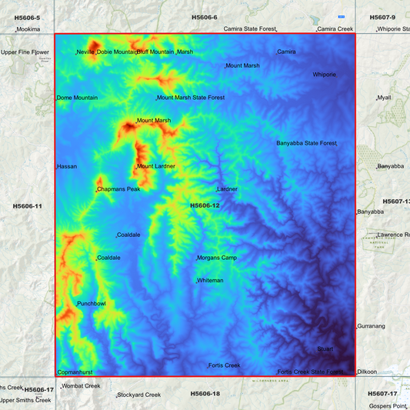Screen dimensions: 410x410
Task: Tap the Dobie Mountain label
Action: point(116,52)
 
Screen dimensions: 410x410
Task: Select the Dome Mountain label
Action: point(78,98)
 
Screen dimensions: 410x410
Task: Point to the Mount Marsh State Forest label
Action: point(191,98)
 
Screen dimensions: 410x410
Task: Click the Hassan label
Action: point(68,166)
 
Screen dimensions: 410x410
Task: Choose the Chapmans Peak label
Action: point(118,189)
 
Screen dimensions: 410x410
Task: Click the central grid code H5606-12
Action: point(205,205)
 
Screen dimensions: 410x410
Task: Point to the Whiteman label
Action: point(210,281)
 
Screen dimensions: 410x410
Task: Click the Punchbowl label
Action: point(92,304)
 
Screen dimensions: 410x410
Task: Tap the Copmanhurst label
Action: point(75,372)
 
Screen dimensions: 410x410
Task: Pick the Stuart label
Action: point(325,349)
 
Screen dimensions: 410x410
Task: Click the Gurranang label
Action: point(372,326)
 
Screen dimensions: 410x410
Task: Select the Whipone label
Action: point(324,75)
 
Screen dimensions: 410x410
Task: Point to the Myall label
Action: point(384,98)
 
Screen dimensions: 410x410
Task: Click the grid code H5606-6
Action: point(205,17)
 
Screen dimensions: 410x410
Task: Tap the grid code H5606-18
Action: point(205,394)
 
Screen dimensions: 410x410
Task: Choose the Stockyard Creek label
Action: point(139,395)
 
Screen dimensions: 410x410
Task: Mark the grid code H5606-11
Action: point(28,206)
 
